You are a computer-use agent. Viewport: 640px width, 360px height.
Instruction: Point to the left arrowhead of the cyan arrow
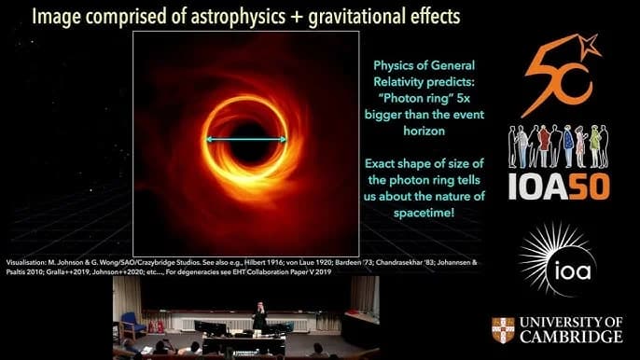[209, 139]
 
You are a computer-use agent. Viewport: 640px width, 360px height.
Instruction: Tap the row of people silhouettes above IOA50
[557, 145]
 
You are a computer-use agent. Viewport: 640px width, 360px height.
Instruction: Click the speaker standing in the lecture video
[259, 316]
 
